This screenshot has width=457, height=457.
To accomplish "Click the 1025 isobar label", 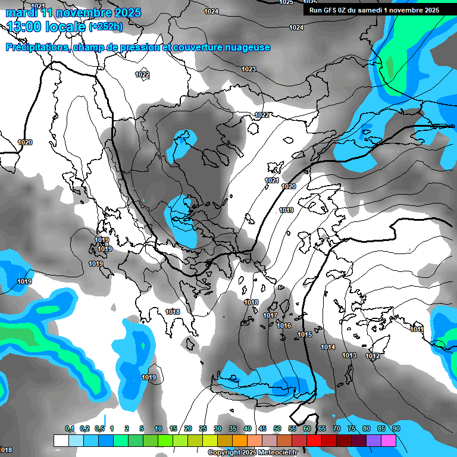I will point(286,2).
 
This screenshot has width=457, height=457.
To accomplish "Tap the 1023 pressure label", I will point(249,70).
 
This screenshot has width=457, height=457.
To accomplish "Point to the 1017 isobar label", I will point(270,316).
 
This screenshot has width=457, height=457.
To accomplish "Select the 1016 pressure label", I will point(284,326).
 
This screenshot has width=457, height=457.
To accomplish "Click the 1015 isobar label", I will point(305,335).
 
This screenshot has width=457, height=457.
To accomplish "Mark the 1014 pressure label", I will point(328,348).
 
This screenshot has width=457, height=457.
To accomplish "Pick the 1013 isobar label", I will point(349,356).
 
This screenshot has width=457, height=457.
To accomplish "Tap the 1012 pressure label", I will point(373,356).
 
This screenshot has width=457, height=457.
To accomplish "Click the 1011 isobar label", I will point(417,330).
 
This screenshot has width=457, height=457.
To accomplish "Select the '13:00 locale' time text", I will point(47,27).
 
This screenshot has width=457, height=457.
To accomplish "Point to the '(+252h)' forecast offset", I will point(105,27).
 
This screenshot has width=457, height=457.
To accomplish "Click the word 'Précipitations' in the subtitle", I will point(37,48).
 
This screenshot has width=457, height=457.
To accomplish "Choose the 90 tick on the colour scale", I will point(396,428).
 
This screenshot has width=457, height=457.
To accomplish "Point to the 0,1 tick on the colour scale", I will point(70,428).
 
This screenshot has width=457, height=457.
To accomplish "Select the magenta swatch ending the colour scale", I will point(389,440).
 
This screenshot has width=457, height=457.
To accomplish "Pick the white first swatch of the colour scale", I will point(61,440).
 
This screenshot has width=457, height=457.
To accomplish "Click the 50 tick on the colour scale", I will point(277,428).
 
